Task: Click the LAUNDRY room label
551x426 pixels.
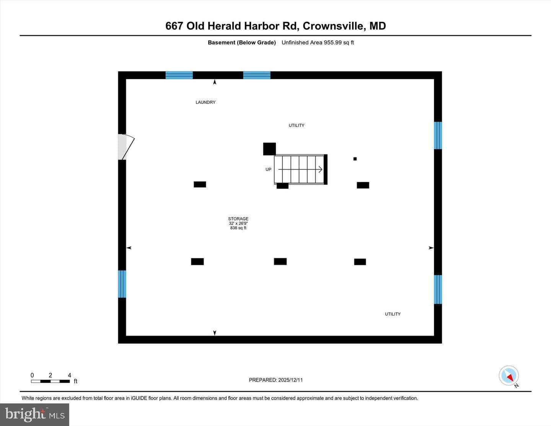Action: pyautogui.click(x=205, y=102)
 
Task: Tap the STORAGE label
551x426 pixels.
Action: pyautogui.click(x=238, y=219)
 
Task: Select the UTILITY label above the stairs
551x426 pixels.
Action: pyautogui.click(x=297, y=125)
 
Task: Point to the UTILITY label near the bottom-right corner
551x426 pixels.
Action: pyautogui.click(x=393, y=314)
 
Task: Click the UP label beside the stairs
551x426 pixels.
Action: pyautogui.click(x=268, y=170)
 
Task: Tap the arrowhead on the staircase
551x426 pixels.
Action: pyautogui.click(x=321, y=170)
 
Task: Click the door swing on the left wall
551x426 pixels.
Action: pyautogui.click(x=126, y=147)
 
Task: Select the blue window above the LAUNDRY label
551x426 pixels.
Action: pyautogui.click(x=179, y=75)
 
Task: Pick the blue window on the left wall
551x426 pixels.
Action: pyautogui.click(x=122, y=284)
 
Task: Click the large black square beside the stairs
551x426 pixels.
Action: pyautogui.click(x=269, y=149)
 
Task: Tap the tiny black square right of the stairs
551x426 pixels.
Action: pyautogui.click(x=355, y=159)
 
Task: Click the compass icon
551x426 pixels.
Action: pyautogui.click(x=509, y=375)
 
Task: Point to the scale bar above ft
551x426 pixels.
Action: pyautogui.click(x=51, y=381)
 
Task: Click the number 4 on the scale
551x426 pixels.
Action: pyautogui.click(x=70, y=375)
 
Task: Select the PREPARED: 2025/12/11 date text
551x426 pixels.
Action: pyautogui.click(x=275, y=380)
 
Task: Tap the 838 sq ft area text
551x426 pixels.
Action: pyautogui.click(x=238, y=228)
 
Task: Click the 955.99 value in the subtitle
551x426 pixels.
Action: pyautogui.click(x=333, y=42)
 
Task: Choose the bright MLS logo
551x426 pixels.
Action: pyautogui.click(x=34, y=415)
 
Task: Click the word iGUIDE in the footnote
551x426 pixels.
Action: pyautogui.click(x=139, y=398)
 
